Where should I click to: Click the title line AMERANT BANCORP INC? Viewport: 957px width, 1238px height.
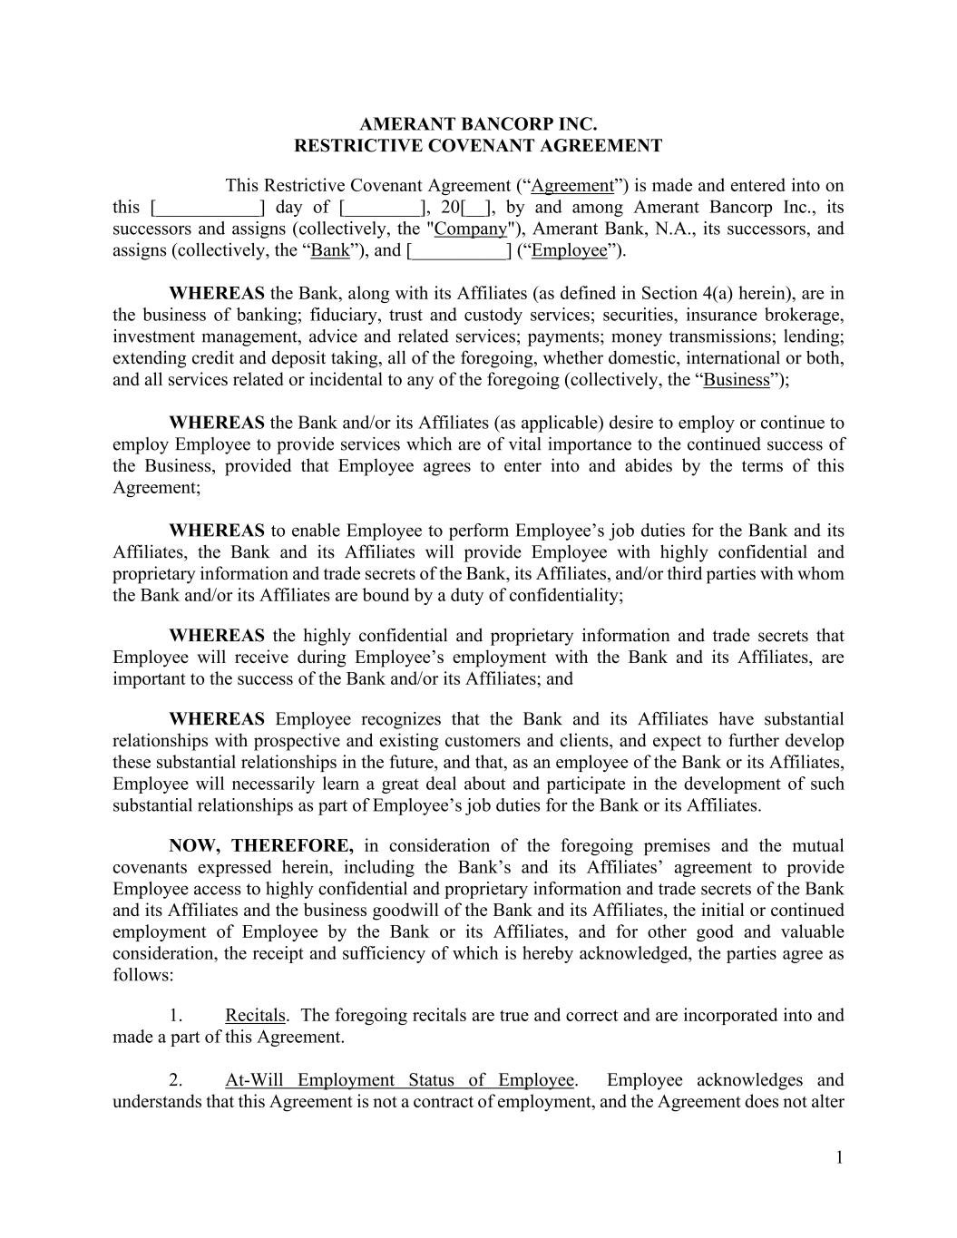[478, 124]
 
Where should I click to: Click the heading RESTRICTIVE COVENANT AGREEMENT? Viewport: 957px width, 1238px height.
[478, 146]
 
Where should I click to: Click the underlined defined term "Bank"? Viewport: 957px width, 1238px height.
[329, 250]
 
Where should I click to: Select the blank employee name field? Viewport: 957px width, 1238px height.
[459, 250]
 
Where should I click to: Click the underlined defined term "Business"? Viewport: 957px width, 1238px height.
[737, 380]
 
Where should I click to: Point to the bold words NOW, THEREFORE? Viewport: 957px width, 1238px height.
[261, 846]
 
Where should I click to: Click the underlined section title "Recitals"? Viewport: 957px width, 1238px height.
[255, 1015]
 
